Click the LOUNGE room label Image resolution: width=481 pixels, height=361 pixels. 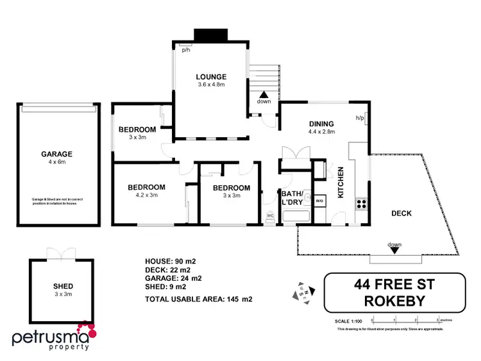(211, 78)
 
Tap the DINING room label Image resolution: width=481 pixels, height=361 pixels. (321, 124)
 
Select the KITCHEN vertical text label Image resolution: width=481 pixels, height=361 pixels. (341, 182)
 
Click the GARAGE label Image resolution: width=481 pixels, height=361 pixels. (56, 154)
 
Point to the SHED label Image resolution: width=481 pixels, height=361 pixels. (63, 286)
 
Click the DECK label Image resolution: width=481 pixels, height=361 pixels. (401, 214)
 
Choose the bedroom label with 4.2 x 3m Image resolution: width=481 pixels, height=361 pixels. (146, 187)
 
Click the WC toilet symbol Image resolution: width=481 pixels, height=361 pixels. (271, 215)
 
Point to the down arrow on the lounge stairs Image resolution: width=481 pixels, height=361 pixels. (264, 95)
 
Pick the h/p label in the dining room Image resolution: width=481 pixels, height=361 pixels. (360, 118)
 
